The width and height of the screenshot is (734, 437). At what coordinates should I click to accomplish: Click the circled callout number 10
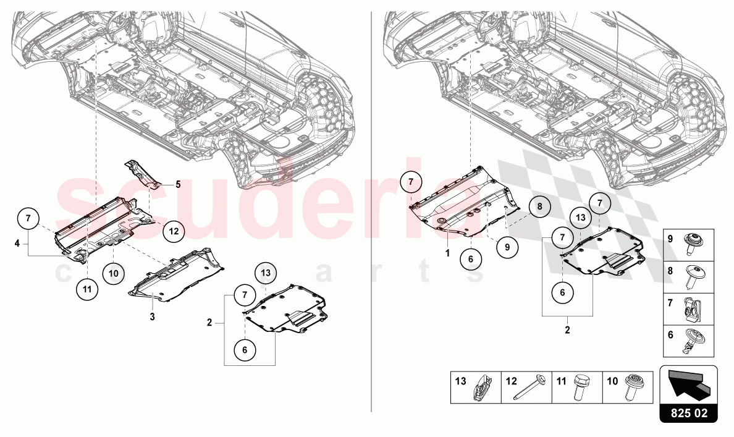[114, 273]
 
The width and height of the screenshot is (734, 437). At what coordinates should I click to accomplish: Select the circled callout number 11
[88, 289]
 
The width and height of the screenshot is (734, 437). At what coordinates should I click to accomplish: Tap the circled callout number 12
[174, 231]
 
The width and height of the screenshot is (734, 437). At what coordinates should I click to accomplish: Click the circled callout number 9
[507, 247]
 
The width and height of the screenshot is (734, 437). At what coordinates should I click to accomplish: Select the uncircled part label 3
[152, 317]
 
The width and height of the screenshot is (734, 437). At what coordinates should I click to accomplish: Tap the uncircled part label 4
[17, 244]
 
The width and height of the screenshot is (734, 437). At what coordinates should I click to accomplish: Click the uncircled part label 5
[178, 184]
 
